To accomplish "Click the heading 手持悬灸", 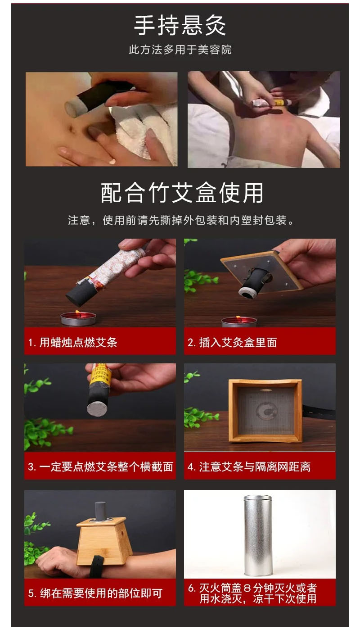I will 180,26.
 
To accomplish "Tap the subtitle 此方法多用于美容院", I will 180,50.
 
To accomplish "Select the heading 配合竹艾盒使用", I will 181,193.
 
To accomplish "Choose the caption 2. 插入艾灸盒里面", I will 232,342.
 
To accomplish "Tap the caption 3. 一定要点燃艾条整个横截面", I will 100,466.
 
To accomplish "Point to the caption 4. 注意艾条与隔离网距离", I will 249,466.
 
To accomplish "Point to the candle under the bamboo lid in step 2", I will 238,321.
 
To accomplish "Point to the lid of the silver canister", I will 258,500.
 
